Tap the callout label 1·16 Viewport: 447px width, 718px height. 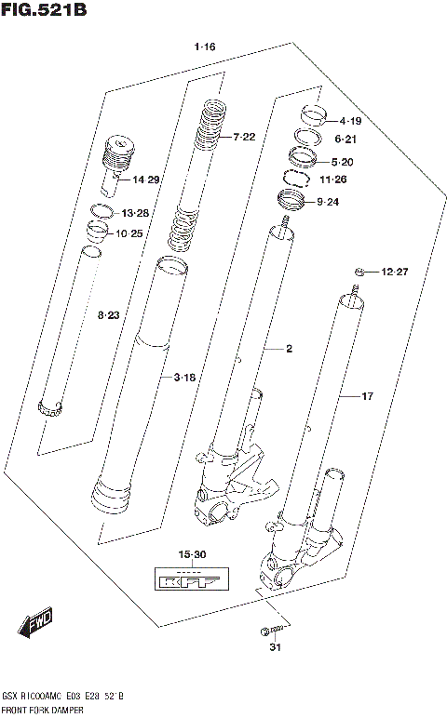(x=205, y=47)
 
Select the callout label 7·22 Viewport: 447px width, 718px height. (x=243, y=138)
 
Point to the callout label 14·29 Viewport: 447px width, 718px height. (x=145, y=179)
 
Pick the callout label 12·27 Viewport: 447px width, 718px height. (x=394, y=272)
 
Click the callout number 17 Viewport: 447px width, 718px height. (x=367, y=396)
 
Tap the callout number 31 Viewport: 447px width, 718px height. (x=273, y=647)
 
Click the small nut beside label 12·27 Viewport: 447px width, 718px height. (x=359, y=272)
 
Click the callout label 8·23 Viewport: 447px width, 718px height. (x=109, y=317)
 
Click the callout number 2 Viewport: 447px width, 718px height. (x=289, y=350)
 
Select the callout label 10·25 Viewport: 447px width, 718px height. (x=129, y=233)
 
